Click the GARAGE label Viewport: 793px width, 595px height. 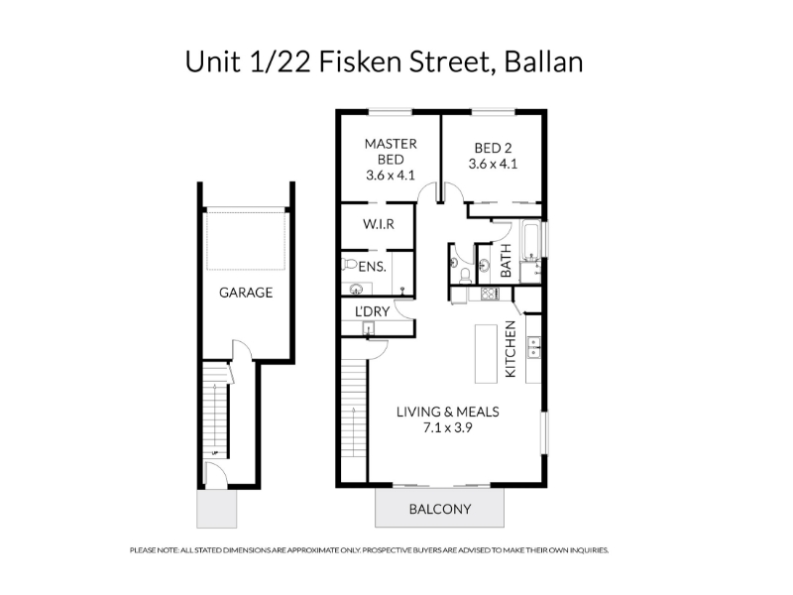click(246, 293)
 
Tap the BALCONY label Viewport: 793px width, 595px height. click(440, 509)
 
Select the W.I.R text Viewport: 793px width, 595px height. click(379, 224)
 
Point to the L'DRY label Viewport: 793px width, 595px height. click(373, 311)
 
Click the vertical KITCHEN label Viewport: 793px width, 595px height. click(510, 349)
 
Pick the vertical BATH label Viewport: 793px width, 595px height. click(506, 261)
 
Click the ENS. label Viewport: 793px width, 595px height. click(373, 267)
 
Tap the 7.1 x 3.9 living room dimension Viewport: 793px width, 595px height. click(448, 428)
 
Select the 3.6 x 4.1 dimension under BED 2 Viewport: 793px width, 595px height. click(493, 164)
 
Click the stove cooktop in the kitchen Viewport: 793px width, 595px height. click(490, 294)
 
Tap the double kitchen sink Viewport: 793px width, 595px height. click(534, 348)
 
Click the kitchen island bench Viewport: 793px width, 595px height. click(486, 354)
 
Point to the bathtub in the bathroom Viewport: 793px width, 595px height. click(531, 240)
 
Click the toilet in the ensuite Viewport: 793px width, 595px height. click(349, 264)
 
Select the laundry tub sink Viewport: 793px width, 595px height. click(368, 329)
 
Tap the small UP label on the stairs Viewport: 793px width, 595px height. click(214, 453)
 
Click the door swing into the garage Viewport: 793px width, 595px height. click(241, 348)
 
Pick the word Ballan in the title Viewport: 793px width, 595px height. click(543, 62)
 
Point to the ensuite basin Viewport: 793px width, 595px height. click(356, 290)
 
